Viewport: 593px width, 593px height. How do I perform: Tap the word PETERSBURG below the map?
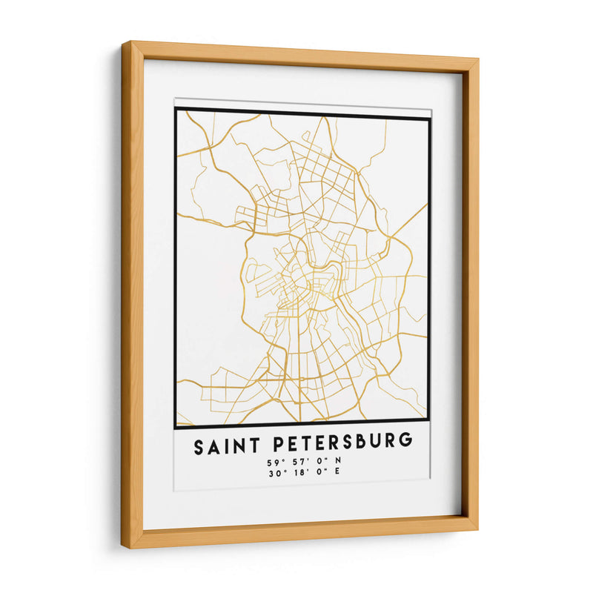tap(343, 443)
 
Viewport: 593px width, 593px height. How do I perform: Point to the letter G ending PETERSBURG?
tap(405, 443)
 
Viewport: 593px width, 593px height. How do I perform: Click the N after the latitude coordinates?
tap(337, 463)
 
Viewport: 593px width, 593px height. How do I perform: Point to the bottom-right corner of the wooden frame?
tap(475, 528)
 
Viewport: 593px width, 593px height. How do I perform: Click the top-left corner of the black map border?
tap(176, 110)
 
